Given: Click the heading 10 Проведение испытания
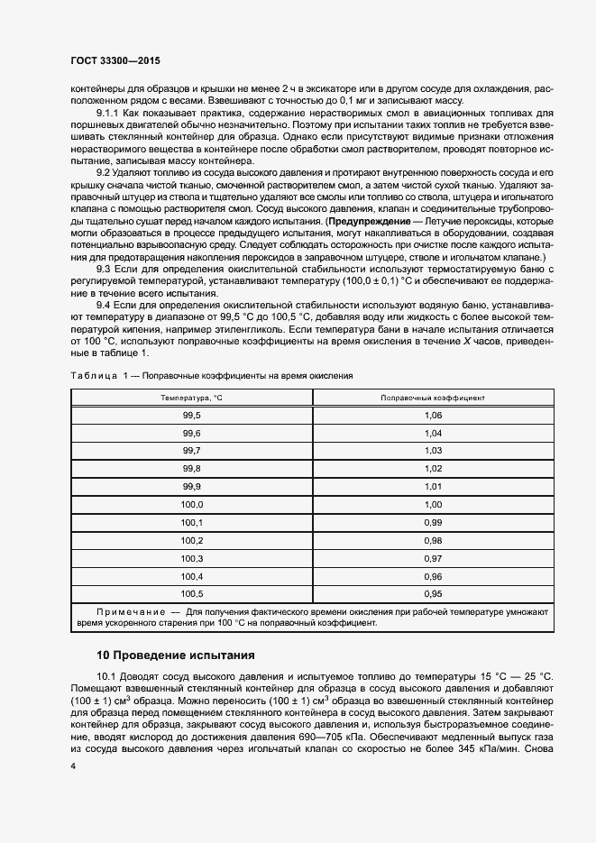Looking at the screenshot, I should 177,654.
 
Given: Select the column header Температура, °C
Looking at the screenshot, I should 191,398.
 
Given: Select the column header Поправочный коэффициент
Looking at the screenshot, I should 433,398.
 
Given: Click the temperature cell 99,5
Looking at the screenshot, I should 191,415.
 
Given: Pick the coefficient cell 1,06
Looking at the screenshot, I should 433,415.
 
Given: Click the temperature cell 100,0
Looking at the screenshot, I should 191,505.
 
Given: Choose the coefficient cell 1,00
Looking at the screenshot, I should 433,505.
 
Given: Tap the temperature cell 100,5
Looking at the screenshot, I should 191,594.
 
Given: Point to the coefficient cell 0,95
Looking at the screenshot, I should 433,594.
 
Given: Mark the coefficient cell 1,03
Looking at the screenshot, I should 433,451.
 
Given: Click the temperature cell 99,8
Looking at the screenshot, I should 191,469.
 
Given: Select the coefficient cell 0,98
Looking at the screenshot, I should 433,541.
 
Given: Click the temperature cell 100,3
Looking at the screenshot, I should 191,559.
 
